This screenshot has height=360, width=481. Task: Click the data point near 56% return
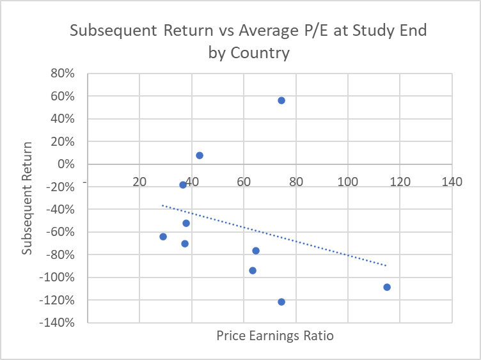pyautogui.click(x=281, y=100)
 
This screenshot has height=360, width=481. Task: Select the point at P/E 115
pyautogui.click(x=387, y=287)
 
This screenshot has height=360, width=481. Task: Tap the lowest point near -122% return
pyautogui.click(x=281, y=302)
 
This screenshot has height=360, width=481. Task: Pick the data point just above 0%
pyautogui.click(x=200, y=155)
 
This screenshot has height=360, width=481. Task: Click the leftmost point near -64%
pyautogui.click(x=163, y=237)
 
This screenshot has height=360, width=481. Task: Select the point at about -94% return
pyautogui.click(x=253, y=270)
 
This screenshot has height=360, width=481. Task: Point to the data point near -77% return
pyautogui.click(x=256, y=251)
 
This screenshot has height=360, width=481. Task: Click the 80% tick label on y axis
pyautogui.click(x=63, y=74)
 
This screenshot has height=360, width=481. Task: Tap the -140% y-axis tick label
pyautogui.click(x=57, y=322)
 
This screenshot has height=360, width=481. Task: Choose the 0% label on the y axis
pyautogui.click(x=66, y=164)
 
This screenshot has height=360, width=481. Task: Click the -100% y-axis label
pyautogui.click(x=57, y=278)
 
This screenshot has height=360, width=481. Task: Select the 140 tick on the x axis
pyautogui.click(x=452, y=182)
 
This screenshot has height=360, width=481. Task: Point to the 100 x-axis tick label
pyautogui.click(x=348, y=182)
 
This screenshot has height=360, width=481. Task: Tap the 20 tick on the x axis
pyautogui.click(x=139, y=182)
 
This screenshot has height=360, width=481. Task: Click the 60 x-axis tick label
pyautogui.click(x=244, y=182)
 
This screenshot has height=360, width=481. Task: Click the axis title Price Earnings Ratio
pyautogui.click(x=275, y=336)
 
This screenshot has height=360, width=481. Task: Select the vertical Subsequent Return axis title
pyautogui.click(x=27, y=198)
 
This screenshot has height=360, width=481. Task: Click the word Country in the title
pyautogui.click(x=260, y=52)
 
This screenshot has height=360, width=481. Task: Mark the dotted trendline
pyautogui.click(x=274, y=235)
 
